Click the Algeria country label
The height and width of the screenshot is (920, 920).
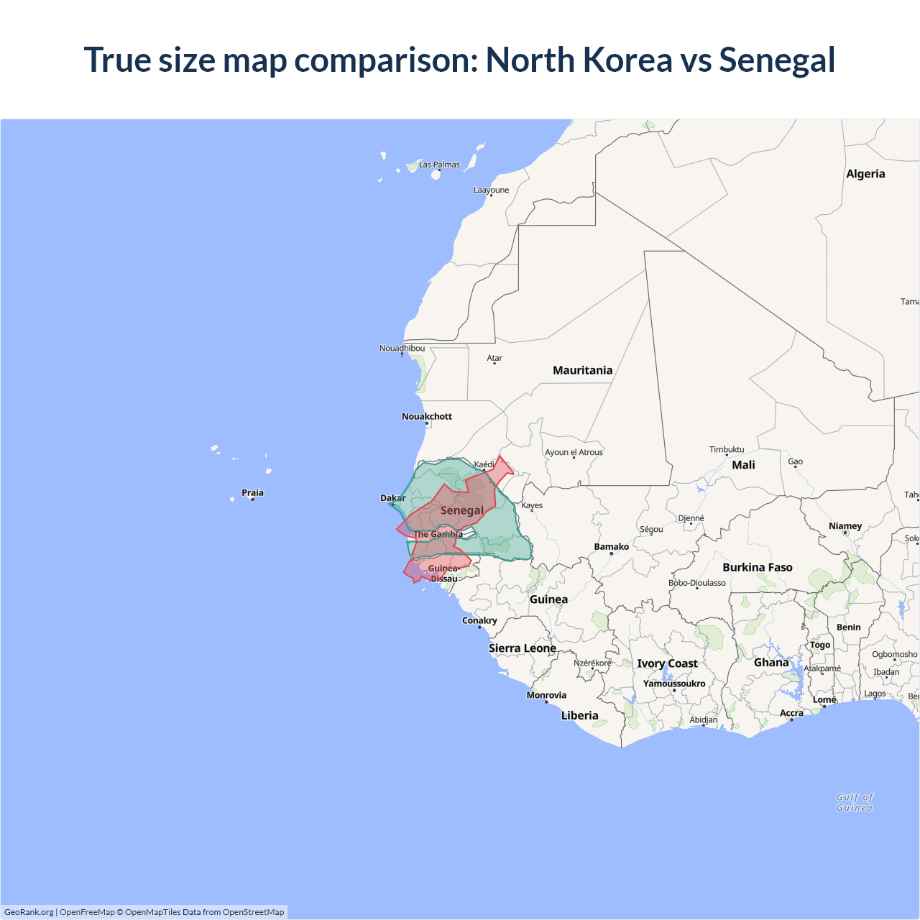[865, 174]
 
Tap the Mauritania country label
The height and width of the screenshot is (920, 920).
[582, 370]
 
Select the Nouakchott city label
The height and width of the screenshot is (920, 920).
[427, 416]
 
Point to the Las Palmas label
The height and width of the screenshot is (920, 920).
[439, 165]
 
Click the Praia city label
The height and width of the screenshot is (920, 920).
[252, 493]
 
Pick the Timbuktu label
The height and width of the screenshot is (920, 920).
[727, 449]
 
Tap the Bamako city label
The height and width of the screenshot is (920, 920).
[612, 547]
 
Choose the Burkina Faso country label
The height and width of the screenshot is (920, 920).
[758, 567]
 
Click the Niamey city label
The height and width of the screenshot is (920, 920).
[845, 526]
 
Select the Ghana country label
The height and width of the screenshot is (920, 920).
[771, 663]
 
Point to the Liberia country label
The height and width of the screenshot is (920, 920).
[579, 715]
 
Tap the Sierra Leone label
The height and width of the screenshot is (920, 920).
[523, 648]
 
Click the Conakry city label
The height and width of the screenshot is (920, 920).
[479, 620]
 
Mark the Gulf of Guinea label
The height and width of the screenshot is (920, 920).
[855, 802]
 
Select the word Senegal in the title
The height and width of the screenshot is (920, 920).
[777, 60]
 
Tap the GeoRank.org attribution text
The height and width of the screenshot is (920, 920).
[29, 912]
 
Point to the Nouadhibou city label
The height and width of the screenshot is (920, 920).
[402, 349]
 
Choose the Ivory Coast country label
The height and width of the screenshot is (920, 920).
[667, 663]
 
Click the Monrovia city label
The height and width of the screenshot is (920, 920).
[546, 695]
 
